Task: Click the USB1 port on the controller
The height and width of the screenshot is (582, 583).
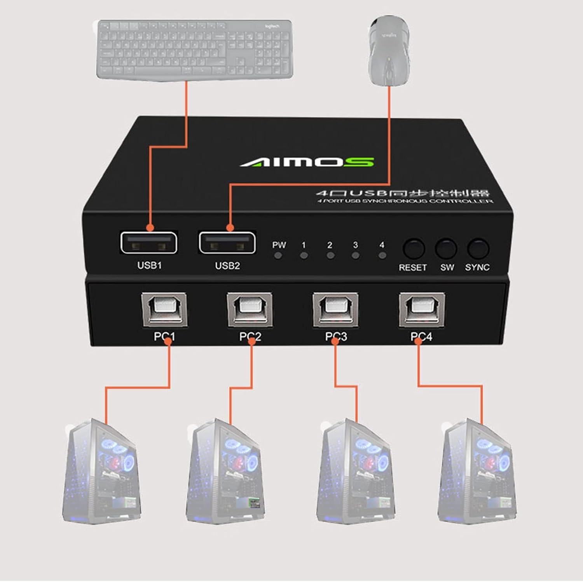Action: tap(148, 242)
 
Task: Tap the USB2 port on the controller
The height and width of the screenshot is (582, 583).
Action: tap(227, 242)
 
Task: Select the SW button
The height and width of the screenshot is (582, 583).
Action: tap(446, 249)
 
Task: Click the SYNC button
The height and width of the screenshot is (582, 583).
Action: tap(478, 249)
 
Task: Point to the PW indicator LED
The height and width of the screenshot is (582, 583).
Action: tap(278, 256)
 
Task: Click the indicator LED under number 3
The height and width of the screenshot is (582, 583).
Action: tap(355, 256)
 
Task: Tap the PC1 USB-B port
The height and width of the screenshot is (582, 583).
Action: tap(164, 310)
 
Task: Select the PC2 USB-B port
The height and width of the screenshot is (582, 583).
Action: tap(250, 310)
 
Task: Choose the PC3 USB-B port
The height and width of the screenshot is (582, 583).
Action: tap(335, 310)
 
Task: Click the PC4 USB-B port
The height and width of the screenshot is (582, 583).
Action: tap(422, 310)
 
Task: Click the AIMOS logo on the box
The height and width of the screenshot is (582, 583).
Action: tap(307, 162)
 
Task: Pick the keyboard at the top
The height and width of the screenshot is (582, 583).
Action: tap(194, 49)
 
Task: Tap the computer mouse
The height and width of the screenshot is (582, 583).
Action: tap(389, 51)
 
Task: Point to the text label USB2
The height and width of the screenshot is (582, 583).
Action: tap(227, 266)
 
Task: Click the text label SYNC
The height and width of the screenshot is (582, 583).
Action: tap(477, 267)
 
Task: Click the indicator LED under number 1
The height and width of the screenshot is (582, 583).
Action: tap(304, 256)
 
